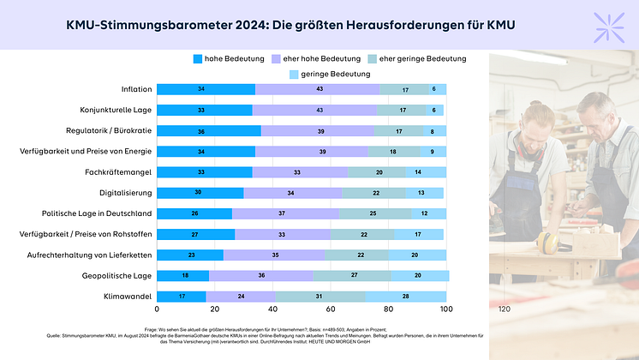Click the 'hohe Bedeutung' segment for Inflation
click(x=206, y=89)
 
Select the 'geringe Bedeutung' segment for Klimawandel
click(x=405, y=297)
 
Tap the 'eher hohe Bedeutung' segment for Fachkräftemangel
click(x=300, y=172)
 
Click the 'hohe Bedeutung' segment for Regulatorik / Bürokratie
click(x=209, y=131)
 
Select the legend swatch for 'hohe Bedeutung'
click(x=198, y=58)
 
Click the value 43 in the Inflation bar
click(x=317, y=89)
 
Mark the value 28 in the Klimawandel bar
click(x=405, y=297)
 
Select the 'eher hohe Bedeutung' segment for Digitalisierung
click(x=292, y=193)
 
